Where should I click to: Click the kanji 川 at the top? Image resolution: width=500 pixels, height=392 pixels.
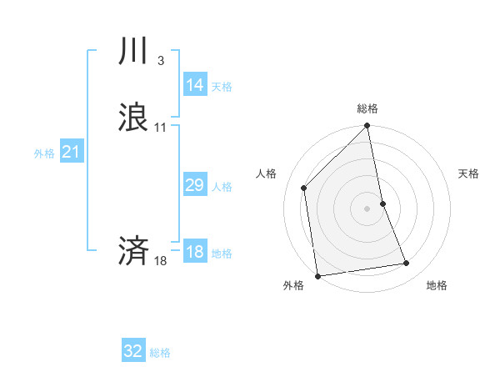coord(133,53)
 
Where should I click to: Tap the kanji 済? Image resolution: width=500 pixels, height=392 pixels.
coord(133,250)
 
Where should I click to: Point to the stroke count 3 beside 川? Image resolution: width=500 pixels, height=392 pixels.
coord(160,61)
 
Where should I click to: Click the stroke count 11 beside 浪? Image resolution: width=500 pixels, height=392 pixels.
coord(161,128)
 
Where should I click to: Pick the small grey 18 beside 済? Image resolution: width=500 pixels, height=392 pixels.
coord(161,261)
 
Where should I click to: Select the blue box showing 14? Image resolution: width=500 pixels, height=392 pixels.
coord(195,85)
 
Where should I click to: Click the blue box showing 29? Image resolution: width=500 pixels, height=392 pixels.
coord(195,185)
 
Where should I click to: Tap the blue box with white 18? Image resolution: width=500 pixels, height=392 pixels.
coord(195,252)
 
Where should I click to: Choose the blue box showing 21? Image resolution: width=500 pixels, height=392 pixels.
coord(72,152)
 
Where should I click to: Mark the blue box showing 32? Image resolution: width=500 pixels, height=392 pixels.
coord(133,351)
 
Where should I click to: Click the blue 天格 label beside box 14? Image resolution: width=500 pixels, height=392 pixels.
coord(222,87)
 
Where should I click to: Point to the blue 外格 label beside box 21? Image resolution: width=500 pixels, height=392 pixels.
coord(44,153)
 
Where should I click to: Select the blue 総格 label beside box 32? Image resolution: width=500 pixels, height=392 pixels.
coord(160,353)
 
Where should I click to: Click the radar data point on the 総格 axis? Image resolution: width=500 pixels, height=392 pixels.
coord(367,127)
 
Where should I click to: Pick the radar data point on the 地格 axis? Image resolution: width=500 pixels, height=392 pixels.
coord(407,264)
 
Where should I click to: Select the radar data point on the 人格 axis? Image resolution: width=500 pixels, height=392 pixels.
coord(304,188)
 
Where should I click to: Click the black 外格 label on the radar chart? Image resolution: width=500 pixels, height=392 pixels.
coord(293,285)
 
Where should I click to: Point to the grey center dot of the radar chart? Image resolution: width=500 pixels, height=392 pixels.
coord(367,209)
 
